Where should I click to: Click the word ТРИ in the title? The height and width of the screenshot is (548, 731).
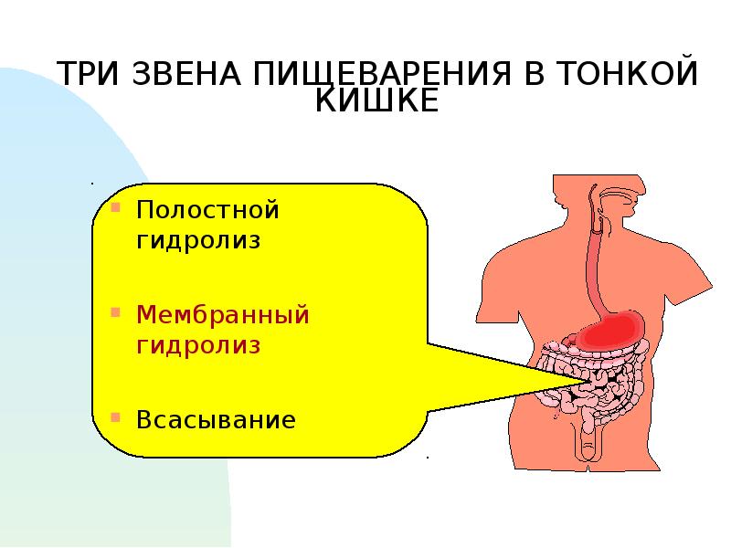tap(88, 73)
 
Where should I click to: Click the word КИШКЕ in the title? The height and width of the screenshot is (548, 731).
tap(377, 100)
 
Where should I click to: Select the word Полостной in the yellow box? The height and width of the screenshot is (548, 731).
tap(207, 210)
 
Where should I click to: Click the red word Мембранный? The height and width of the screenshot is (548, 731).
tap(222, 314)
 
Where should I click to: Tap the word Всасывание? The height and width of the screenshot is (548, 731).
tap(216, 419)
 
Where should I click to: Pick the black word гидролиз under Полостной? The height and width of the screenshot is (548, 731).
tap(198, 241)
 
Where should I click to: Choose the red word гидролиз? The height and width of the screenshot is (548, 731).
tap(198, 346)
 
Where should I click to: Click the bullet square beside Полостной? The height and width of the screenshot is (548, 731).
tap(116, 207)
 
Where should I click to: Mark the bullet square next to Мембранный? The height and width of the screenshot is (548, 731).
tap(116, 311)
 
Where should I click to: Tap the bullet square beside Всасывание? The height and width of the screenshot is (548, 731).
tap(116, 416)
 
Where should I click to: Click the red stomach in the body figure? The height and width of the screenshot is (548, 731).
tap(609, 331)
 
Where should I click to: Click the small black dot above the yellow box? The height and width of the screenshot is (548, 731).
tap(92, 184)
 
